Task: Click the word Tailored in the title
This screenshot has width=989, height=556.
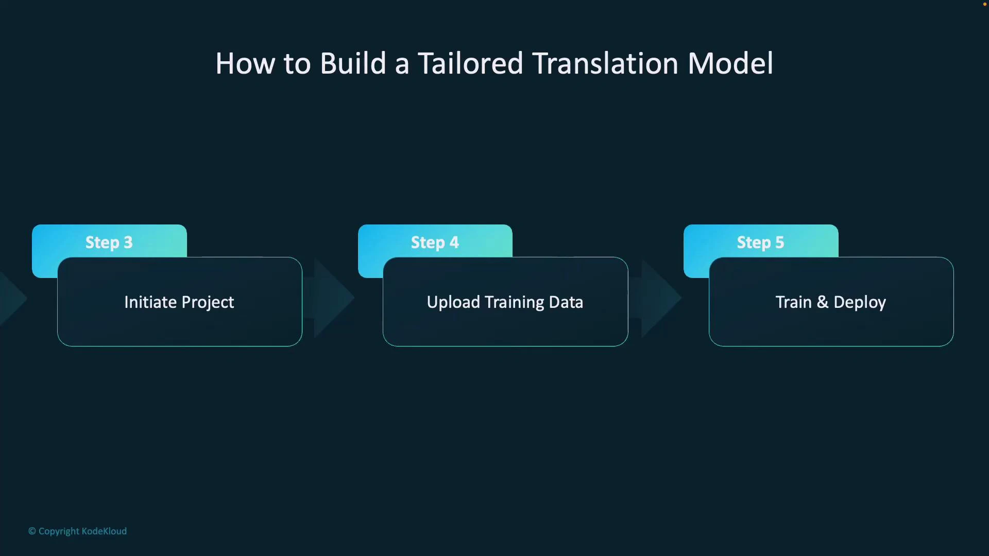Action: point(470,64)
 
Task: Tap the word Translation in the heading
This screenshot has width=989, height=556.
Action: point(605,64)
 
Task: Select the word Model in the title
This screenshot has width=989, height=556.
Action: point(730,64)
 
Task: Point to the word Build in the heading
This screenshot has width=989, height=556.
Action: point(353,64)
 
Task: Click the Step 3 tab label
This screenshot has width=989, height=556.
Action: point(109,242)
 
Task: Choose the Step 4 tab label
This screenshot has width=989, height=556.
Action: point(435,242)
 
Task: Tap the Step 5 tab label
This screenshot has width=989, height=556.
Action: point(760,242)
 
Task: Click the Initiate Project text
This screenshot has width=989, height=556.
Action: point(179,302)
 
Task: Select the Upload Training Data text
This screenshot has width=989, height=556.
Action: point(505,302)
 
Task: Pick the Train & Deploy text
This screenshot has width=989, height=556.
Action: point(830,302)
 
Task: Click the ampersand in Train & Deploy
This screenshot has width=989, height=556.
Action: point(823,302)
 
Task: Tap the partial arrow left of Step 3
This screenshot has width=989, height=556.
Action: point(11,298)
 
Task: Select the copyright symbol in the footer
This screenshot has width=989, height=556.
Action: point(32,531)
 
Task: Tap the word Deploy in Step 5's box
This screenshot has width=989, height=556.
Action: point(859,302)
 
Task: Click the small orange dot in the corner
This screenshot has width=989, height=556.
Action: point(984,4)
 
